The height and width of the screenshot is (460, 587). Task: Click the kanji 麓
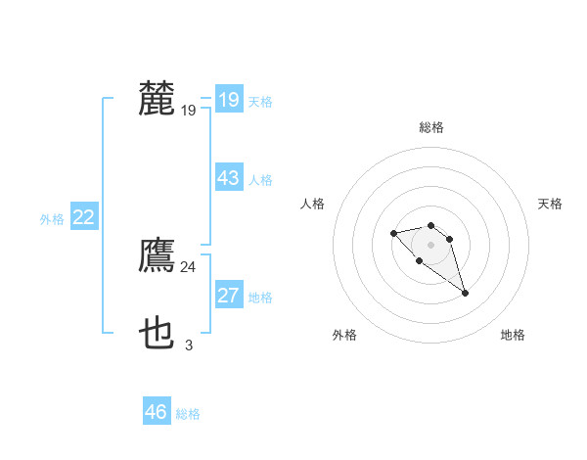157,99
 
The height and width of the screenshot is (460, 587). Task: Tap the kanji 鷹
157,255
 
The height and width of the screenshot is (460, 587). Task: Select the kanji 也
157,334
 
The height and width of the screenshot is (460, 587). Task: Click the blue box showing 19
228,100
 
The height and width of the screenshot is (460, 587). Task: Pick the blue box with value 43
228,178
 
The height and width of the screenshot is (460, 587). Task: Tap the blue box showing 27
228,296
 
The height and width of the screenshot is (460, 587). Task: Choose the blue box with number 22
83,217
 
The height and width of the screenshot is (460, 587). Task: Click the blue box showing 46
157,412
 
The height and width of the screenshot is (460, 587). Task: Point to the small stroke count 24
188,266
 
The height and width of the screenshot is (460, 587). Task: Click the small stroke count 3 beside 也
188,345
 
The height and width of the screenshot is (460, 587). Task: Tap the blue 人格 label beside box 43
260,180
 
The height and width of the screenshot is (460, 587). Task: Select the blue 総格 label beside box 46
188,414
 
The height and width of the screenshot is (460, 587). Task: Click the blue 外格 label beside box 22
52,219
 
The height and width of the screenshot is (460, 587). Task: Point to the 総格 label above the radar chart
430,127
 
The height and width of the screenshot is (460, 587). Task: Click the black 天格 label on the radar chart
550,204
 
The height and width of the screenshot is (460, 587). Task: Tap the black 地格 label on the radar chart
513,335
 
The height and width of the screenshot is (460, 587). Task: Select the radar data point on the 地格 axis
465,293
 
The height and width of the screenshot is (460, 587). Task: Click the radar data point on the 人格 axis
393,233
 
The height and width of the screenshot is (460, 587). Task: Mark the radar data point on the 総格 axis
430,224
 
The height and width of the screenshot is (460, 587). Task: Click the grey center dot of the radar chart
430,245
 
